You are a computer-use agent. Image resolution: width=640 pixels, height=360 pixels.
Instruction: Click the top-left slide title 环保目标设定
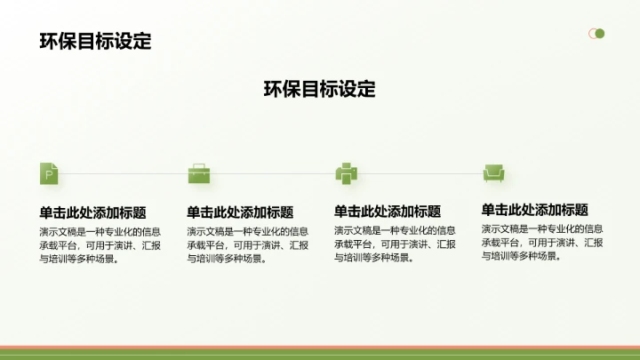click(95, 41)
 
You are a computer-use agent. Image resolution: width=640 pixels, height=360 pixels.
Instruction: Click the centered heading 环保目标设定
click(320, 89)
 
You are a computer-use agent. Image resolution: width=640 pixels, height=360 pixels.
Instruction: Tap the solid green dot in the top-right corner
click(600, 34)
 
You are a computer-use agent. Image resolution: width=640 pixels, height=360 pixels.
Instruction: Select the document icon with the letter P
click(50, 173)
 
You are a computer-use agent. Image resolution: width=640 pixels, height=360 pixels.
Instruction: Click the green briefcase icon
click(197, 173)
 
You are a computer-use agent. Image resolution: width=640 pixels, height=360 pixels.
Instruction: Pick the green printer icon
click(345, 173)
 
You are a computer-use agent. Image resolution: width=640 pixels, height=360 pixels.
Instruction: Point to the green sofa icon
click(492, 173)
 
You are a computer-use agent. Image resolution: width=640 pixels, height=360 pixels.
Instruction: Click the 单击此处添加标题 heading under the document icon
click(92, 212)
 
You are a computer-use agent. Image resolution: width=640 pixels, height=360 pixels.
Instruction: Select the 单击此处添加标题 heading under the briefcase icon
click(240, 212)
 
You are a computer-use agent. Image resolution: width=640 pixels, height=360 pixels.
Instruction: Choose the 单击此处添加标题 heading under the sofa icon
click(535, 210)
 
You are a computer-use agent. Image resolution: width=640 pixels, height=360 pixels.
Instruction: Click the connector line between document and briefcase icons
click(124, 173)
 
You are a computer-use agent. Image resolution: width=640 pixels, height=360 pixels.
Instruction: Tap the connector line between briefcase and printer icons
click(271, 173)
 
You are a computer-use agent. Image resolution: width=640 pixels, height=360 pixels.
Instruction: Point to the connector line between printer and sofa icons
click(419, 173)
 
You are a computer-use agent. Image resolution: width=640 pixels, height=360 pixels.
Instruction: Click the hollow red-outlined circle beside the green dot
click(592, 34)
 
